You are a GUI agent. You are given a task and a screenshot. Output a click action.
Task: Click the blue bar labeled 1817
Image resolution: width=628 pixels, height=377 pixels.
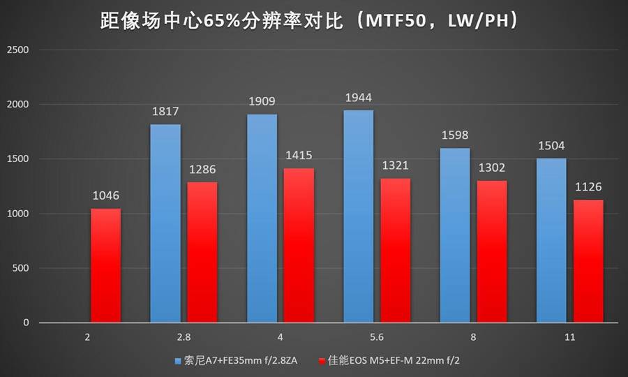165,223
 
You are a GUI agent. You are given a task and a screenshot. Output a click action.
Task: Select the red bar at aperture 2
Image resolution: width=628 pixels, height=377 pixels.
105,265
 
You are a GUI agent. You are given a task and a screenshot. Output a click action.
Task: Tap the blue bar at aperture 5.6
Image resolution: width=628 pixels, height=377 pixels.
358,216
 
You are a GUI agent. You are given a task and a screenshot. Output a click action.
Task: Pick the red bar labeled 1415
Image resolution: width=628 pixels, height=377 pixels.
299,245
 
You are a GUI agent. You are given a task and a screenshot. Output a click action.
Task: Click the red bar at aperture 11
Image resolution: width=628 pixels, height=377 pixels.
588,261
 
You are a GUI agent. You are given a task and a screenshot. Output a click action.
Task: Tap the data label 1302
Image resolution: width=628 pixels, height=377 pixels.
492,168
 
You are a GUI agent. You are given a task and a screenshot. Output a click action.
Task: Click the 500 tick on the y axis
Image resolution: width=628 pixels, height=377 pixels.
20,268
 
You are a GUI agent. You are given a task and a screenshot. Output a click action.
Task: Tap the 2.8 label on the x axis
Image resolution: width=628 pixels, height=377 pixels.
184,337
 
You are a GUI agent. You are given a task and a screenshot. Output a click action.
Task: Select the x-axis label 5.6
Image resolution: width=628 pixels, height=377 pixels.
377,337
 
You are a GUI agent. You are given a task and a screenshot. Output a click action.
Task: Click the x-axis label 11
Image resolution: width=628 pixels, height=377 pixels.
569,337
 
